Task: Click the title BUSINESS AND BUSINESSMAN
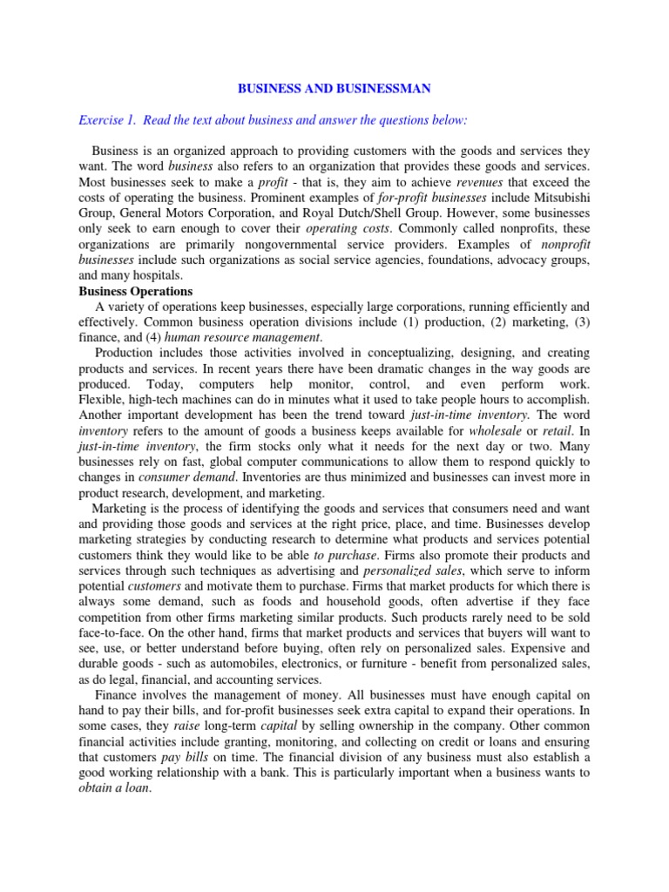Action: [x=334, y=88]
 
